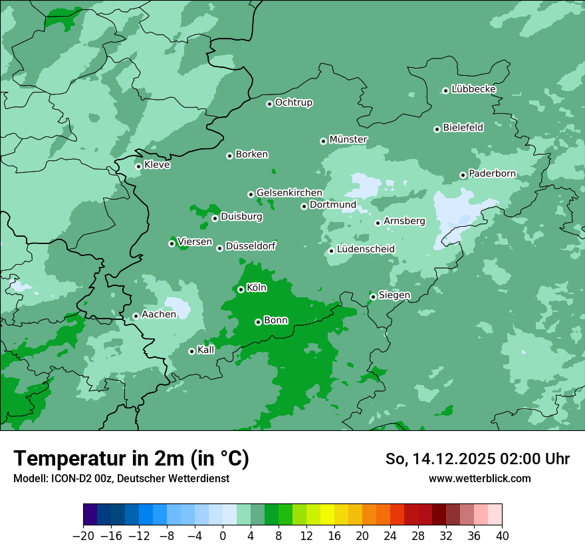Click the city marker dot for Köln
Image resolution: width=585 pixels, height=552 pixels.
coord(241,289)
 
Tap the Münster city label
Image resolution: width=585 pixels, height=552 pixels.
coord(348,140)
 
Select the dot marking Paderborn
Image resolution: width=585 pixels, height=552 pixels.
coord(463,175)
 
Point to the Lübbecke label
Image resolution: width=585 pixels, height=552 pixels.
coord(473,89)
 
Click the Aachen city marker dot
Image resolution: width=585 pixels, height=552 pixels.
coord(136,316)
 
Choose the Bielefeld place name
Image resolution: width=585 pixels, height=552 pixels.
coord(463,128)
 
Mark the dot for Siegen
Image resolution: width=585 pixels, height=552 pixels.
coord(374,297)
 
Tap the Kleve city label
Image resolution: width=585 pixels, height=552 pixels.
coord(157,165)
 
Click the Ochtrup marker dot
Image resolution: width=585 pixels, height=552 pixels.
coord(269,104)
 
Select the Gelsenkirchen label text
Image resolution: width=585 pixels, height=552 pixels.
coord(289,193)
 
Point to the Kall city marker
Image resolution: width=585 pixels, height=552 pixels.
coord(191,351)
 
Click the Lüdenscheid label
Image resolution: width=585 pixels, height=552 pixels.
coord(366,249)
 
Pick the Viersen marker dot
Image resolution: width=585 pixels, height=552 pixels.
coord(172,243)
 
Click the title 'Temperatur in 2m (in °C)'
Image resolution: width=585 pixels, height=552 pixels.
coord(131,459)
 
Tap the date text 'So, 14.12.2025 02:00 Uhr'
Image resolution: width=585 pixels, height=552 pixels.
coord(477,459)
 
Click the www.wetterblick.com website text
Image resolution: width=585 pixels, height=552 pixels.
coord(479,478)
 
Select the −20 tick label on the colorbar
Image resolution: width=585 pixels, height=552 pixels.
coord(84,536)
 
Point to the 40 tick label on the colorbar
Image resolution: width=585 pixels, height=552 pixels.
coord(502,536)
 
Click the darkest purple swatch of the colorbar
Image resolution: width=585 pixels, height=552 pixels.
coord(90,515)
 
